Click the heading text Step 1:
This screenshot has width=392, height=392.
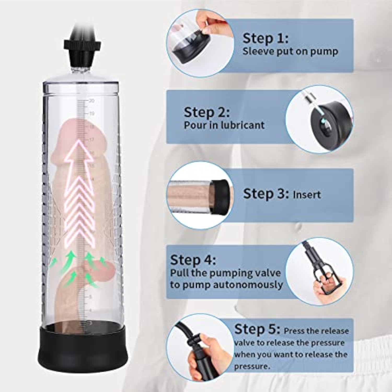coord(266,38)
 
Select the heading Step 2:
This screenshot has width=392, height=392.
coord(207,112)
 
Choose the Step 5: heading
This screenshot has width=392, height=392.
coord(257,329)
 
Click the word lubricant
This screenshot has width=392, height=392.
coord(243,125)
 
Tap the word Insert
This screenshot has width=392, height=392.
coord(307,195)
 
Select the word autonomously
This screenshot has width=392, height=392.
coord(248,285)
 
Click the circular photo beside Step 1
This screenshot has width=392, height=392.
coord(200,43)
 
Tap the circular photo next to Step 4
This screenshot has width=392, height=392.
coord(319,272)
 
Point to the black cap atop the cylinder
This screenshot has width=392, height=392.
coord(82,54)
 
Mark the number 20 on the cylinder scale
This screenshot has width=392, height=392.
coord(91,101)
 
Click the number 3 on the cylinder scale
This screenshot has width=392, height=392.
coord(91,323)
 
